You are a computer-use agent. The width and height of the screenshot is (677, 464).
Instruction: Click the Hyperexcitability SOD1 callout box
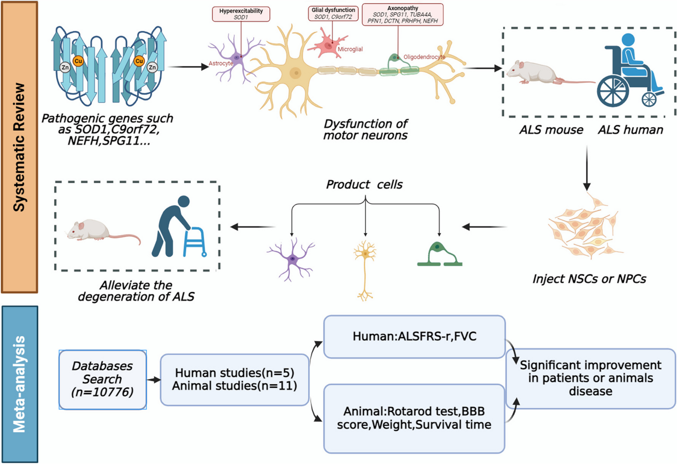pyautogui.click(x=241, y=14)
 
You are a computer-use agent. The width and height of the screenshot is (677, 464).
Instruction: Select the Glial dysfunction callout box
pyautogui.click(x=333, y=13)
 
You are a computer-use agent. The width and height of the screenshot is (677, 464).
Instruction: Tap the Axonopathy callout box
pyautogui.click(x=402, y=15)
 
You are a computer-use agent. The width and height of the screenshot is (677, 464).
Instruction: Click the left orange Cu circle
pyautogui.click(x=78, y=61)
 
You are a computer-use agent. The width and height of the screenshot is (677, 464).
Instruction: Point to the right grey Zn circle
pyautogui.click(x=152, y=67)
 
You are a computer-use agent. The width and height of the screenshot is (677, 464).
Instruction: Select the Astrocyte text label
pyautogui.click(x=221, y=63)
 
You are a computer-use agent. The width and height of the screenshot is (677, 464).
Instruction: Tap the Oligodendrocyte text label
pyautogui.click(x=424, y=57)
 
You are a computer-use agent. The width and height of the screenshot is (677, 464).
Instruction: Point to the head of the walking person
pyautogui.click(x=184, y=201)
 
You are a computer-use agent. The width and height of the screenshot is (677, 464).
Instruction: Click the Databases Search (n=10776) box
pyautogui.click(x=103, y=379)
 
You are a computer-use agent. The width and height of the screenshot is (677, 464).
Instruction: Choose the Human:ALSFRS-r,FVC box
pyautogui.click(x=414, y=336)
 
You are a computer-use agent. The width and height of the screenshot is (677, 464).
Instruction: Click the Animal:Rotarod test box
pyautogui.click(x=414, y=418)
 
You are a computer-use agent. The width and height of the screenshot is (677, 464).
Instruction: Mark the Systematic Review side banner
pyautogui.click(x=20, y=147)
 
